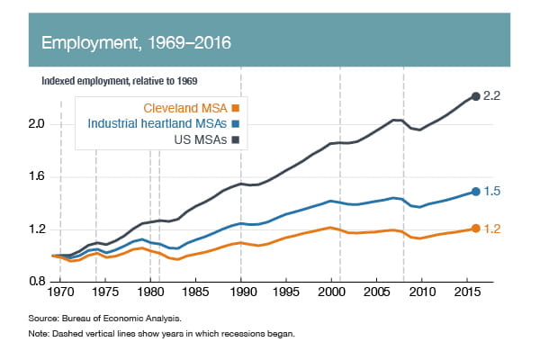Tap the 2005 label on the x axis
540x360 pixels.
pyautogui.click(x=376, y=292)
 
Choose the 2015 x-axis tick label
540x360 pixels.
pyautogui.click(x=464, y=292)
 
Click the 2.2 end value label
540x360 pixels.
pyautogui.click(x=491, y=95)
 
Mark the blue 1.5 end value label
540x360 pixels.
pyautogui.click(x=491, y=191)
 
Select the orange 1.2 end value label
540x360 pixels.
pyautogui.click(x=491, y=229)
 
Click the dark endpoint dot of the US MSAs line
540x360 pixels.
pyautogui.click(x=474, y=96)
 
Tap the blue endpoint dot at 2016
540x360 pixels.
pyautogui.click(x=474, y=191)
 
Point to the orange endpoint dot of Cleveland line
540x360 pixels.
pyautogui.click(x=474, y=229)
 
